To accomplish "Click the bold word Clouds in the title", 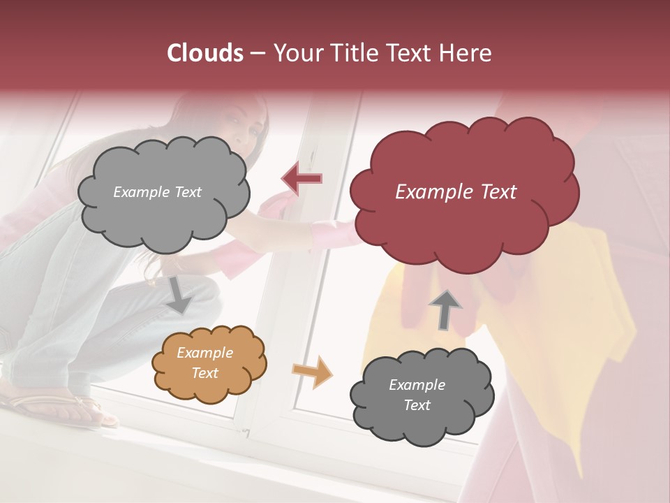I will click(205, 53).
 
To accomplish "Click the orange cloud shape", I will click(209, 363).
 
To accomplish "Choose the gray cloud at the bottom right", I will click(422, 395).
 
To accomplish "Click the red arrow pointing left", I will click(301, 179).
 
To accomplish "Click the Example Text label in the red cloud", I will click(456, 192).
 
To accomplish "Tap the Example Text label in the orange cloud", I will click(204, 363).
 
